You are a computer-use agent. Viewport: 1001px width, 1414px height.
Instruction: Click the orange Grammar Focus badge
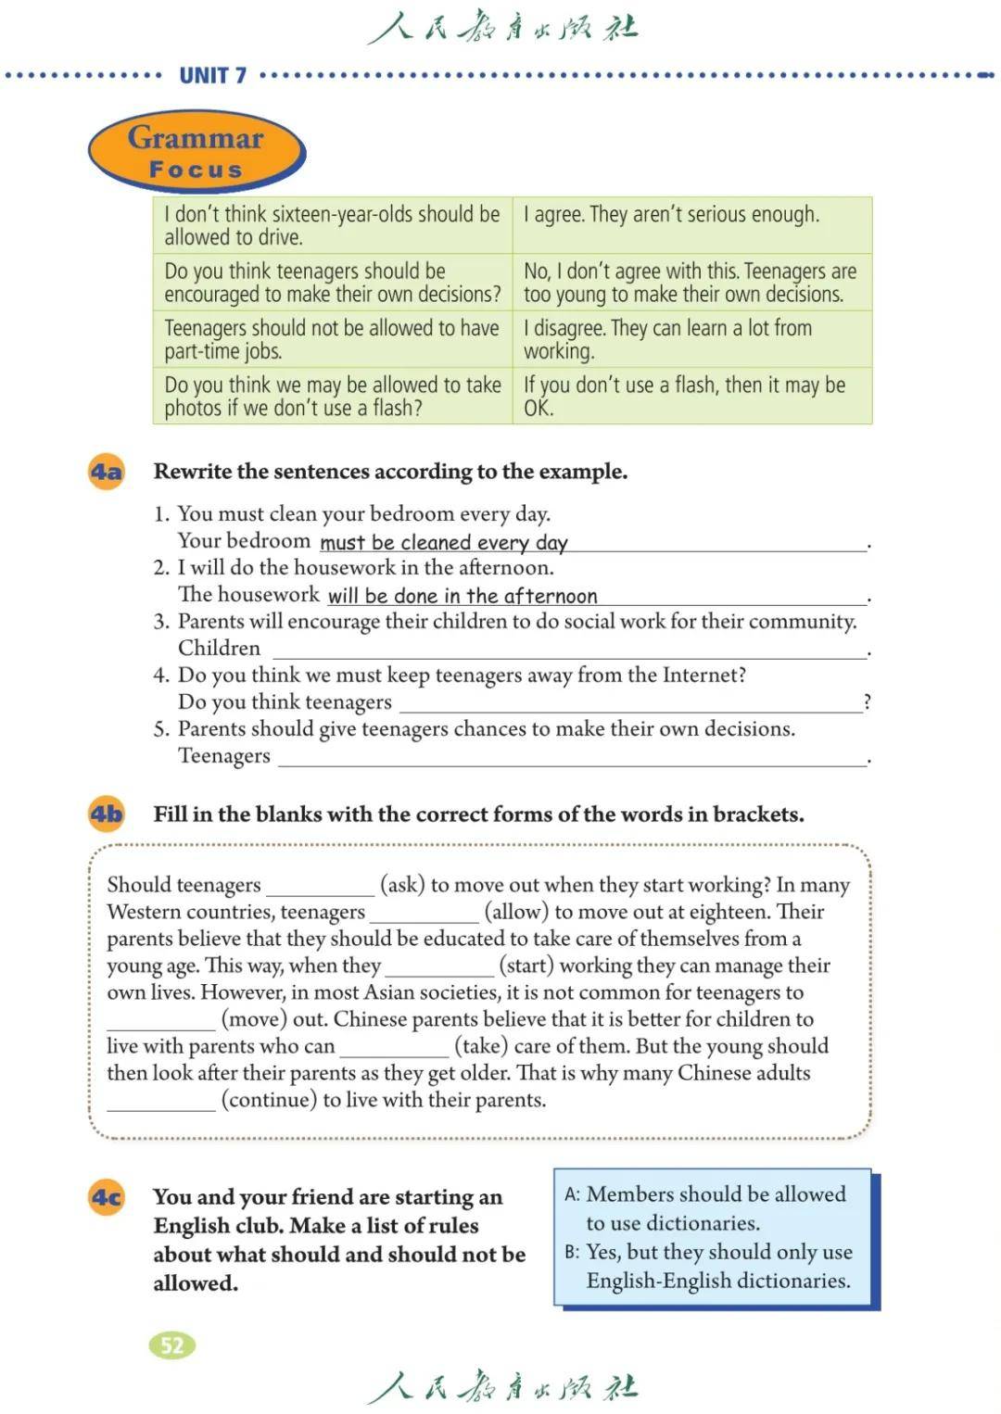(x=196, y=152)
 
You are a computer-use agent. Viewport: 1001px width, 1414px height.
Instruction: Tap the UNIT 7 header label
(x=212, y=76)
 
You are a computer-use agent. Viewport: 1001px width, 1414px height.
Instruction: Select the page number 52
(x=172, y=1345)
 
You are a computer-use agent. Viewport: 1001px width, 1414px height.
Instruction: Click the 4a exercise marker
(x=107, y=472)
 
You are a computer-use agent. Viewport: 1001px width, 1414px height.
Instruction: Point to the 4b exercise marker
(x=107, y=814)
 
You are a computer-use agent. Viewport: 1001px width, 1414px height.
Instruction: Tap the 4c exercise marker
(x=107, y=1197)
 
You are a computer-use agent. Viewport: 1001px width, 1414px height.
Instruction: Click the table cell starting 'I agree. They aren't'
(x=691, y=225)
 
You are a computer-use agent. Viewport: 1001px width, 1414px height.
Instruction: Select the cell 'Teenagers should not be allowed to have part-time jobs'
(x=332, y=339)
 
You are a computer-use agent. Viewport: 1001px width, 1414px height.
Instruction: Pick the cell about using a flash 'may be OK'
(x=691, y=396)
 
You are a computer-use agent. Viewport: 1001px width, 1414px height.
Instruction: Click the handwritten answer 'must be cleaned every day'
(x=443, y=543)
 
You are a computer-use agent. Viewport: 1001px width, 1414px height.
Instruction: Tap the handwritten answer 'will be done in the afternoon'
(x=462, y=596)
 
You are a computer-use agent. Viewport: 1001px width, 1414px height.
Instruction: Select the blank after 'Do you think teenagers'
(x=630, y=703)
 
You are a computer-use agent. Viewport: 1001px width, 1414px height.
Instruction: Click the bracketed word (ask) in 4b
(x=402, y=885)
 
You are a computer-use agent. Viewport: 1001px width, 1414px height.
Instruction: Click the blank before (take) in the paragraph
(x=394, y=1048)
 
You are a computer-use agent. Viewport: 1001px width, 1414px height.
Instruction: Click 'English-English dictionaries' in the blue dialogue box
(x=717, y=1281)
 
